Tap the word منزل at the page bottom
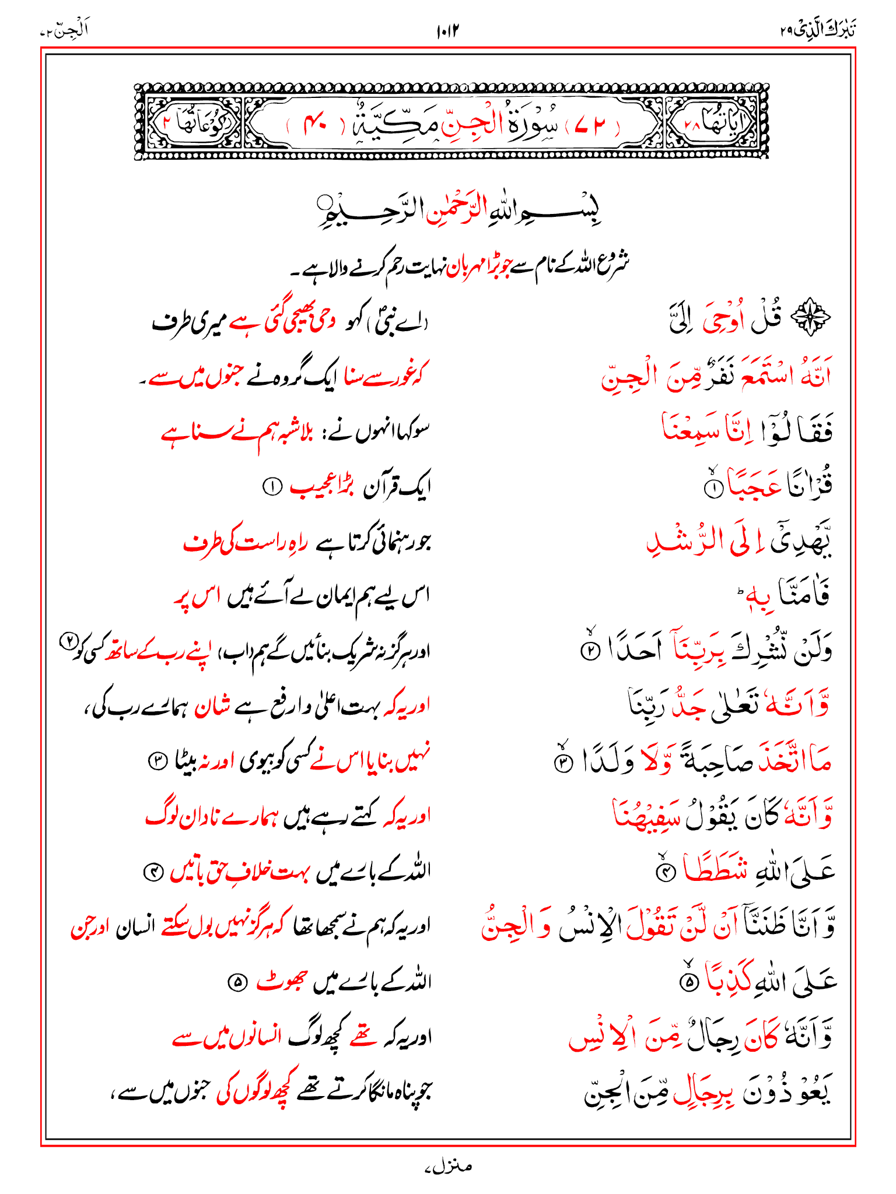[x=448, y=1167]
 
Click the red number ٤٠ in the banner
[x=315, y=124]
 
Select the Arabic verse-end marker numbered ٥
[x=689, y=982]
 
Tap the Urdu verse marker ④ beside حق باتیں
[x=153, y=873]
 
